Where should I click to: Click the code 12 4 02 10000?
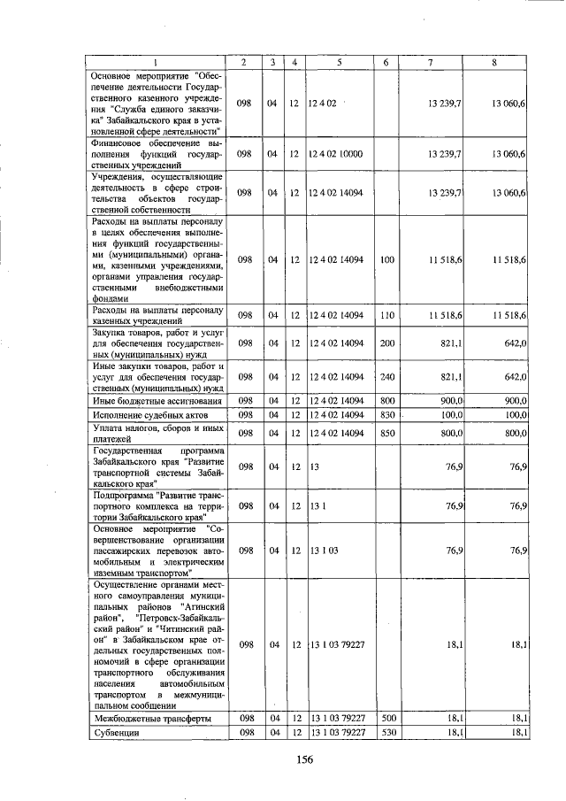click(x=336, y=154)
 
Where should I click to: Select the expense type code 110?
click(x=386, y=315)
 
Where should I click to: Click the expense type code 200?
click(x=386, y=343)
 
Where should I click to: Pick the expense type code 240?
click(x=386, y=376)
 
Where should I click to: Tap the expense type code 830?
click(x=386, y=415)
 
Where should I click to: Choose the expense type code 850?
click(x=386, y=433)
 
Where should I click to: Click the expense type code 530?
click(x=386, y=734)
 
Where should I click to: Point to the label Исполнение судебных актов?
click(x=150, y=415)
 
